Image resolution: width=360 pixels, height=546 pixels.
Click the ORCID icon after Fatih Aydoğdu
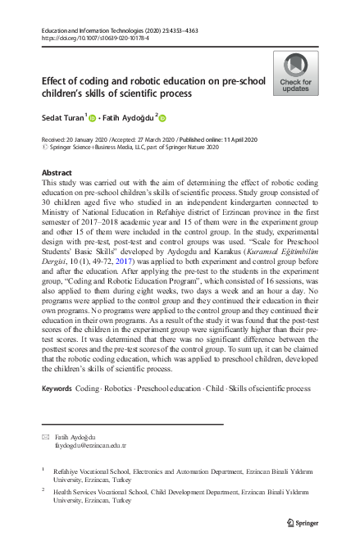pyautogui.click(x=162, y=119)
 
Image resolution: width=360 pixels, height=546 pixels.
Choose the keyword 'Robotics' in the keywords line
pyautogui.click(x=122, y=386)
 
